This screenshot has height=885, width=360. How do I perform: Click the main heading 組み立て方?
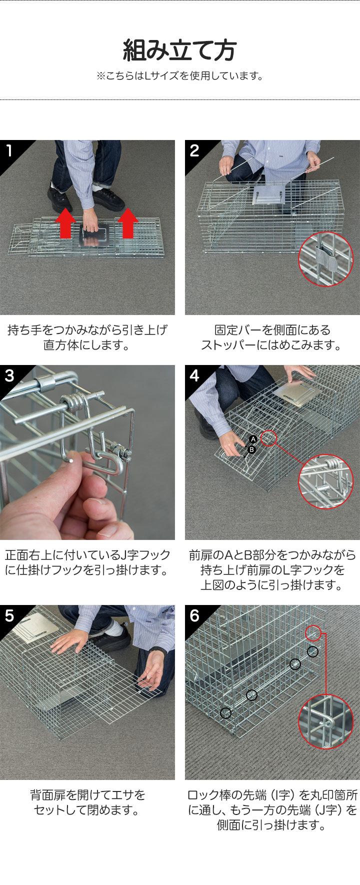[x=179, y=50]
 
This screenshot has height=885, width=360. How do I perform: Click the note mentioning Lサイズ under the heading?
[x=179, y=76]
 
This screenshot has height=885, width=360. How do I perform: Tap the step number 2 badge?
[x=194, y=150]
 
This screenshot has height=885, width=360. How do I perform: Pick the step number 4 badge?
[x=194, y=375]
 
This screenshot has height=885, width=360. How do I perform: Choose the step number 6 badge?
[x=194, y=615]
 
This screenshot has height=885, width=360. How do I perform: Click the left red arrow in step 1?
[x=65, y=223]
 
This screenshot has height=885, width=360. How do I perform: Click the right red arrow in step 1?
[x=128, y=223]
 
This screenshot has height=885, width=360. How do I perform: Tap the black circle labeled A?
[x=253, y=439]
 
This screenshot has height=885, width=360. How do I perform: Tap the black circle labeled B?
[x=251, y=449]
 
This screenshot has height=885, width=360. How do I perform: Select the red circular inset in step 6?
[x=325, y=721]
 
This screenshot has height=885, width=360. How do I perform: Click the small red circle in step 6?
[x=313, y=633]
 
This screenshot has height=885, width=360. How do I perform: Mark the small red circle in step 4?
[x=268, y=438]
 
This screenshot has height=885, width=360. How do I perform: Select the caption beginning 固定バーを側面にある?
[x=272, y=337]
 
